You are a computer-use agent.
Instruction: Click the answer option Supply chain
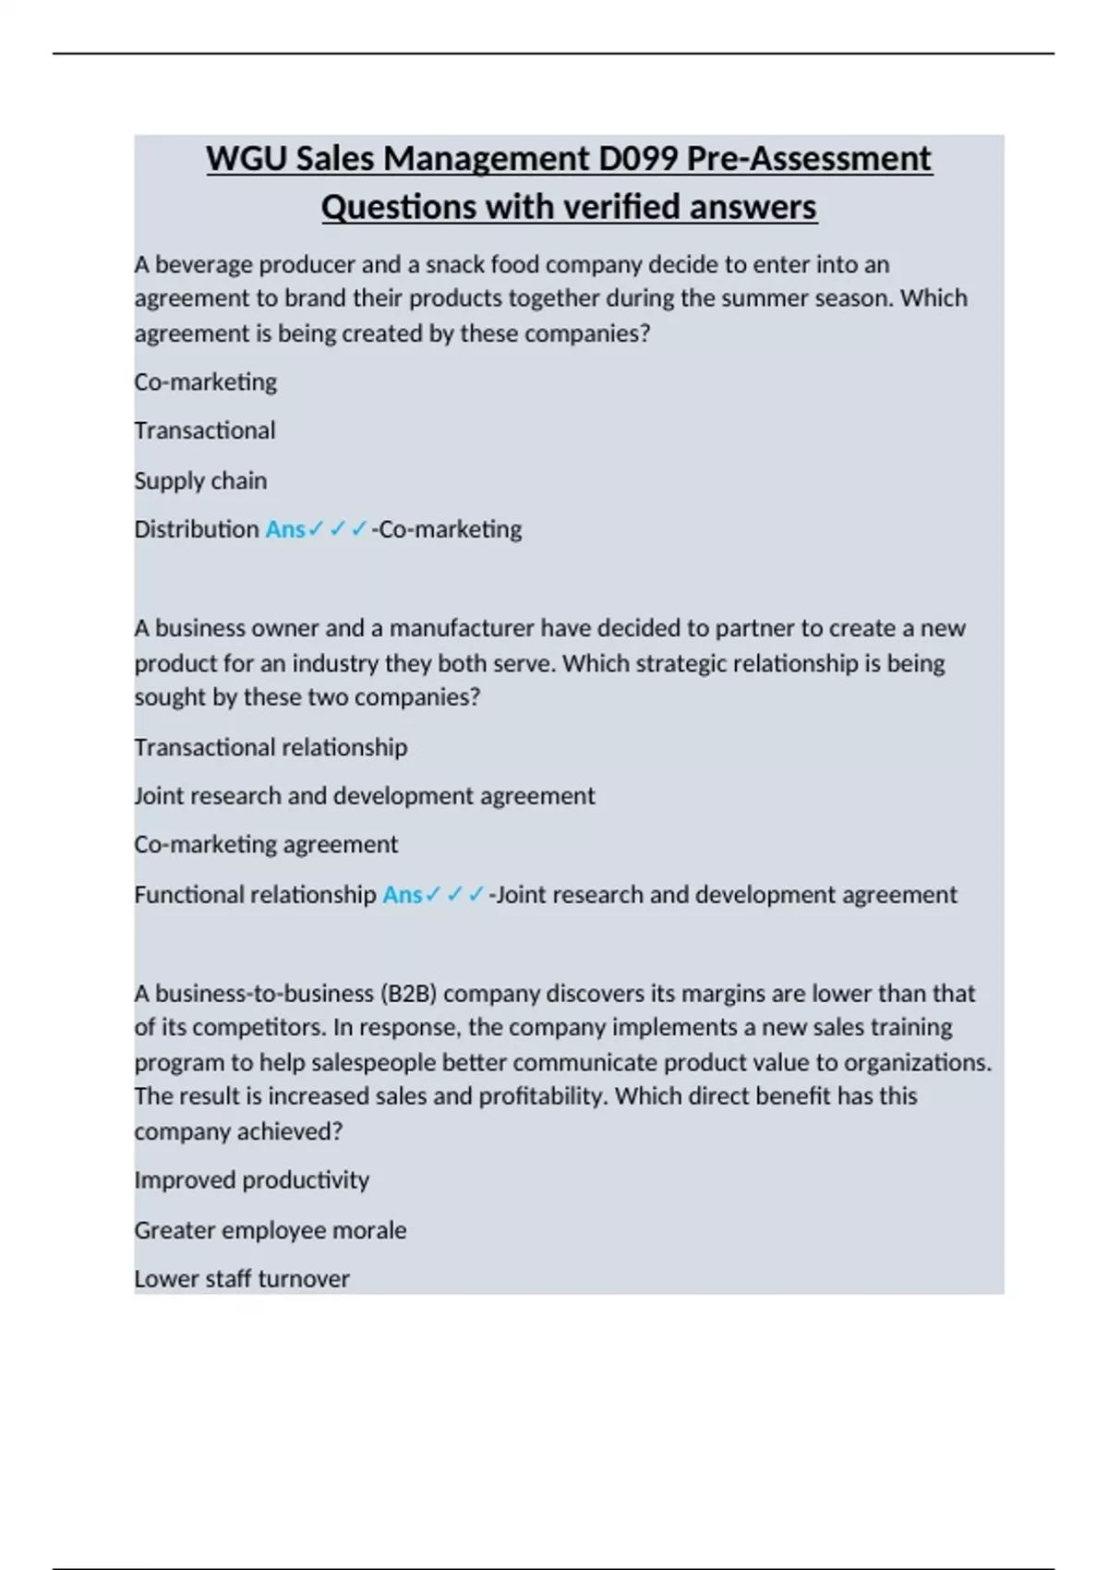pos(200,480)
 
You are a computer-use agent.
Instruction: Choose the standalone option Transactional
pos(205,430)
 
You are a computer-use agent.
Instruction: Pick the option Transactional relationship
pos(271,746)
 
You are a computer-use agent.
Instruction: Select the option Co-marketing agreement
pos(266,844)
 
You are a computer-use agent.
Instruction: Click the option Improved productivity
pos(251,1179)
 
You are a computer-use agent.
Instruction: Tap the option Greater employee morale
pos(270,1229)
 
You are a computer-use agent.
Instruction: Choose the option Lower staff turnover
pos(242,1278)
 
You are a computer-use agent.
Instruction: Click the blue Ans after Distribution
pos(284,529)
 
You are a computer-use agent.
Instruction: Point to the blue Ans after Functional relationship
pos(402,894)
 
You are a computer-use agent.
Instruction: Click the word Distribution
pos(197,529)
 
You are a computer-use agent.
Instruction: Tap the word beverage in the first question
pos(204,264)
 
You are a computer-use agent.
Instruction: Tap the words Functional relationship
pos(255,894)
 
